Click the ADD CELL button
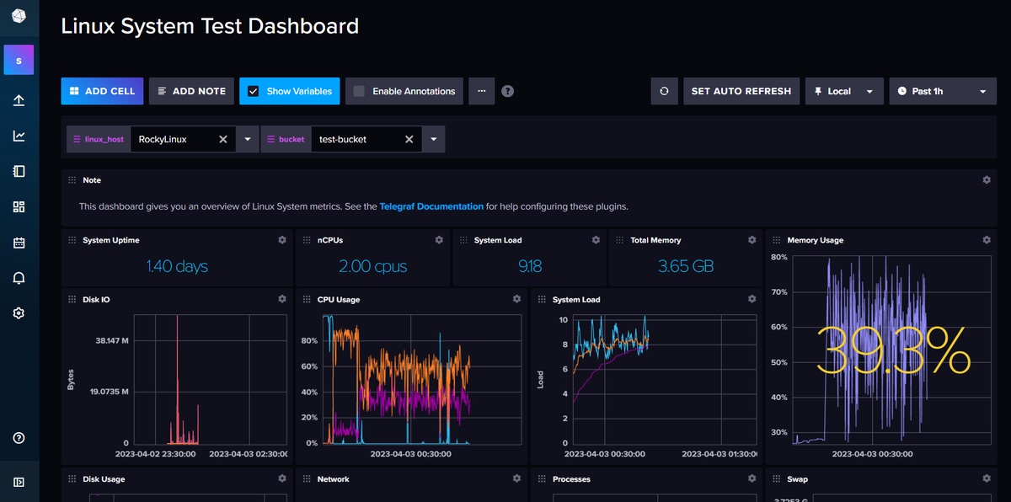tap(102, 91)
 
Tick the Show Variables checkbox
tap(253, 91)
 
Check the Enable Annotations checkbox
tap(359, 91)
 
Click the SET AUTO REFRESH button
tap(741, 91)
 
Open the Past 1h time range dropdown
tap(943, 91)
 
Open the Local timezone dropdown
tap(844, 91)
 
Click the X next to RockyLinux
tap(223, 139)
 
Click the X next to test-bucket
tap(409, 139)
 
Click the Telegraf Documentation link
tap(431, 206)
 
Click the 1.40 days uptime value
tap(177, 266)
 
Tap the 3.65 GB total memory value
tap(686, 266)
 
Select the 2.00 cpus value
tap(372, 266)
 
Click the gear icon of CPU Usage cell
tap(516, 299)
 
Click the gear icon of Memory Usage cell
tap(987, 240)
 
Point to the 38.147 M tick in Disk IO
tap(112, 341)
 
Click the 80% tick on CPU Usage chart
tap(308, 341)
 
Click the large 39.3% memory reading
tap(893, 351)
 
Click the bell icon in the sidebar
tap(19, 278)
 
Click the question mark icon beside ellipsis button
tap(507, 91)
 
